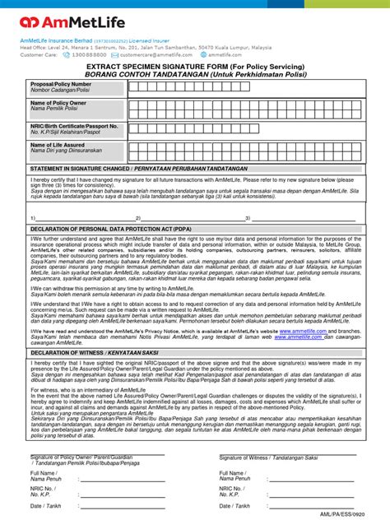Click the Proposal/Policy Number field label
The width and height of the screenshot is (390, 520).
coord(61,84)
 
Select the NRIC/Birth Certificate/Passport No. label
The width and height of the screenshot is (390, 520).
coord(75,126)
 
